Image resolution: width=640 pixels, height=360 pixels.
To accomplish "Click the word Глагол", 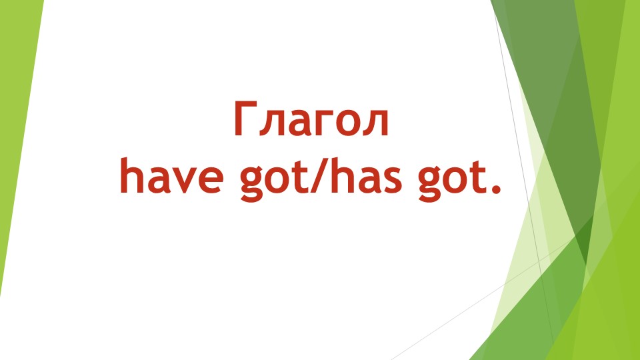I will click(x=310, y=121).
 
